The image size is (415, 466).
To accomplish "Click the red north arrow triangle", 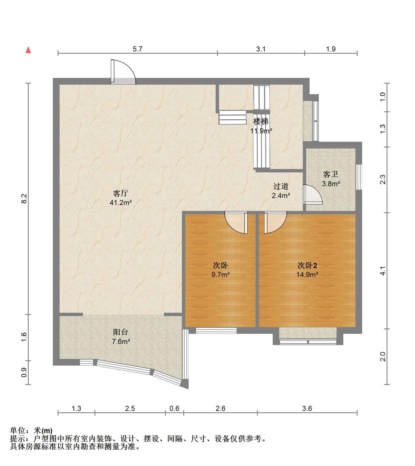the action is [28, 50].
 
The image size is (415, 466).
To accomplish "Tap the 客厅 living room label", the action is [121, 193].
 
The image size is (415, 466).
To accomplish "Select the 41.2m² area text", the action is [121, 202].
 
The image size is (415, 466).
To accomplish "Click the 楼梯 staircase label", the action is [261, 121].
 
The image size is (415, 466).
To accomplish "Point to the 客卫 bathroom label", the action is [330, 174].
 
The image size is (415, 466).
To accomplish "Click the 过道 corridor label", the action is [281, 186].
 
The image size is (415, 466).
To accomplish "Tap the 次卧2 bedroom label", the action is [307, 265].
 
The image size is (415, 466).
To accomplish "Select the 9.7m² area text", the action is [220, 274].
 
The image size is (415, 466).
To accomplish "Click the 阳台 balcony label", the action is [121, 332].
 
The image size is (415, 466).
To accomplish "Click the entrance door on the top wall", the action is [123, 72].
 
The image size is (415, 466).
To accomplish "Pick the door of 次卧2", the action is [275, 223].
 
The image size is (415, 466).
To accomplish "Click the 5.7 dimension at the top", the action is [137, 49].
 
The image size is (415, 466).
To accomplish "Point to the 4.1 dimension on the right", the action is [383, 271].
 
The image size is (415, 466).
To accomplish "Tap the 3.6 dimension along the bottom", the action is [307, 408].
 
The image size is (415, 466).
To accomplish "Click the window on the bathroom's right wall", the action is [359, 177].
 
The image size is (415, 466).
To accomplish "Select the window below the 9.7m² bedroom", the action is [216, 331].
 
